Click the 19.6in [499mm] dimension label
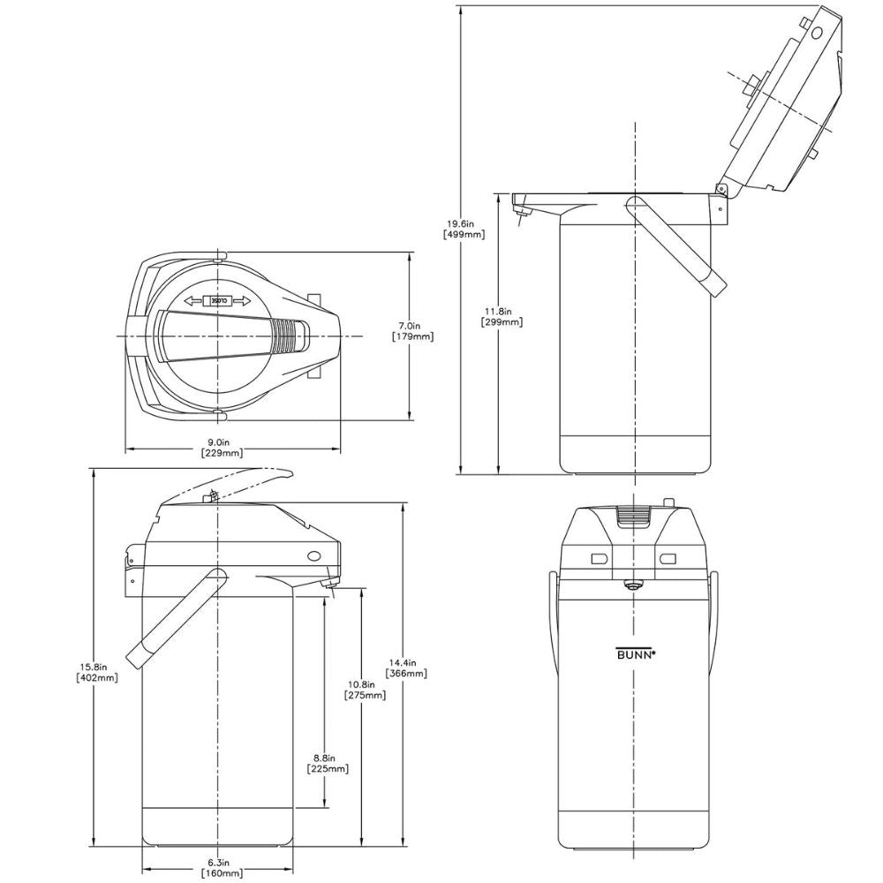[x=463, y=229]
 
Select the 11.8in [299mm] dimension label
[x=502, y=316]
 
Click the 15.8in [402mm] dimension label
[x=97, y=672]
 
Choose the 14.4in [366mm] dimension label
[x=406, y=668]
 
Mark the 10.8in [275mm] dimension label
[x=365, y=690]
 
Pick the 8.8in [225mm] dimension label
[x=327, y=763]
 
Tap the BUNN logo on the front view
[x=635, y=654]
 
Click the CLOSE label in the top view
[x=218, y=301]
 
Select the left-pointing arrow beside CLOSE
[x=194, y=301]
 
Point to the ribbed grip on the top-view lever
[x=284, y=336]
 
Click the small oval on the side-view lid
[x=314, y=555]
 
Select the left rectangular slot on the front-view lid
[x=599, y=558]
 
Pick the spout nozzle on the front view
[x=633, y=585]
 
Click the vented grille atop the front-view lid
[x=632, y=518]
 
